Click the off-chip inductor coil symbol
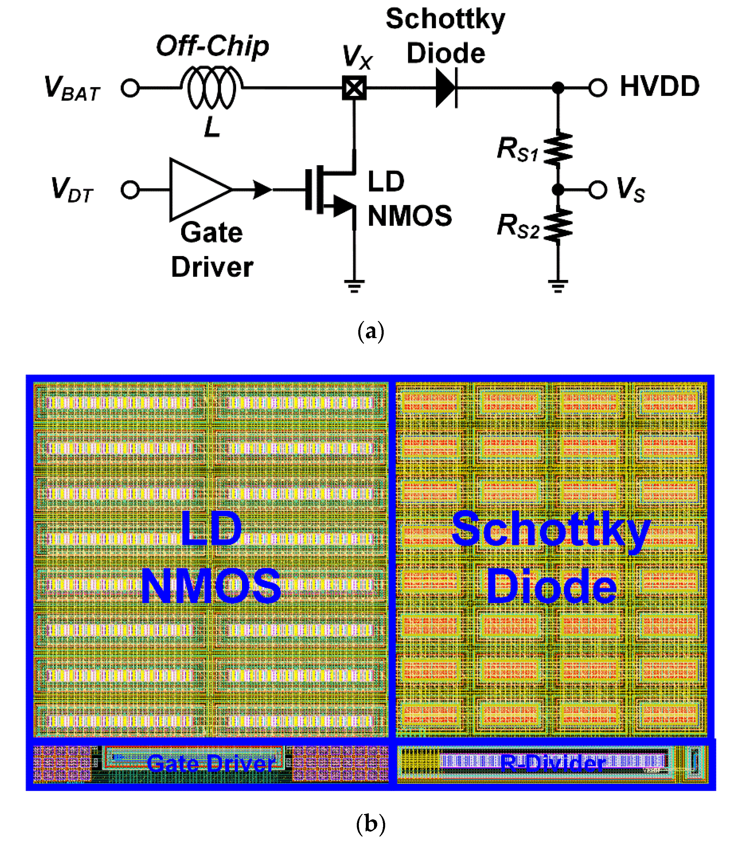[212, 87]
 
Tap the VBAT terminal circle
[130, 88]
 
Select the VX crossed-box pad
[354, 88]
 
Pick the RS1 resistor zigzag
[558, 148]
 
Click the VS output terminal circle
[598, 190]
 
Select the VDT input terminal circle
[130, 190]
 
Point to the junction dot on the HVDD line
[558, 87]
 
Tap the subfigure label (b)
[371, 824]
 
